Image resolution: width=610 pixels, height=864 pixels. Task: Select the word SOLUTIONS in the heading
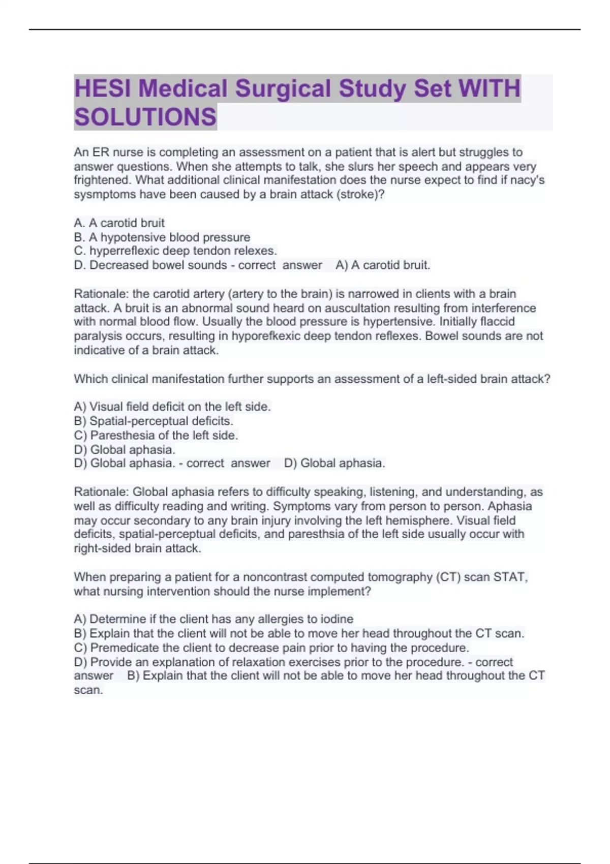click(145, 117)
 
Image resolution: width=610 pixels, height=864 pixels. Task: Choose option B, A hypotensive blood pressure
click(162, 237)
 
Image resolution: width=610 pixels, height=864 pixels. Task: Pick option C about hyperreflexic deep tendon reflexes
click(175, 251)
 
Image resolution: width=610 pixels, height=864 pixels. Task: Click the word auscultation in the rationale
click(406, 308)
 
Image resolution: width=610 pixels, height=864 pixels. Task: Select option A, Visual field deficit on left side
click(172, 407)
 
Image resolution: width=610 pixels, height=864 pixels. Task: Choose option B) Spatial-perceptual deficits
click(154, 421)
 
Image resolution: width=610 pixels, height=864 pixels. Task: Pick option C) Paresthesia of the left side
click(156, 435)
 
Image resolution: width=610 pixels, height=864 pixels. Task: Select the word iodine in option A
click(337, 619)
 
